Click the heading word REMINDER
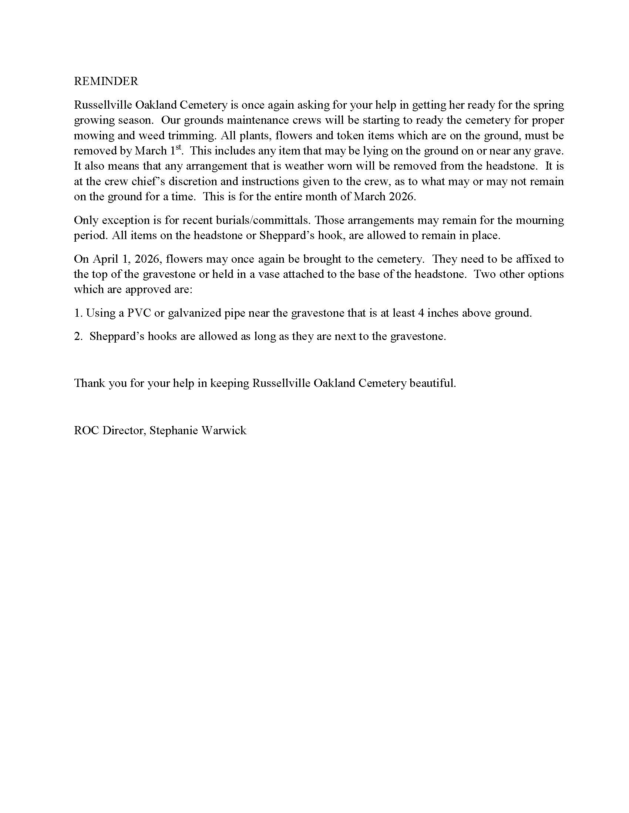[106, 81]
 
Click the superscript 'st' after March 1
[178, 147]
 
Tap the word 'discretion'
[194, 181]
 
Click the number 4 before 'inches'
[421, 313]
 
